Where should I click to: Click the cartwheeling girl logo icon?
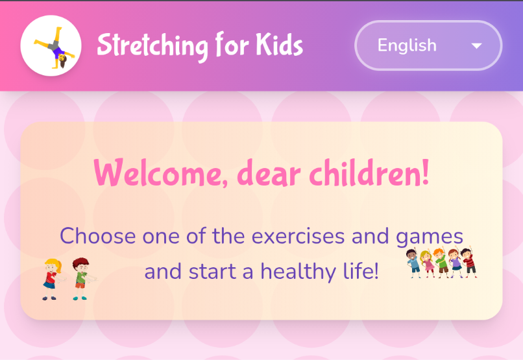(51, 46)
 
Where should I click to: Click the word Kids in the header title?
(279, 45)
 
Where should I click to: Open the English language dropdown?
(428, 45)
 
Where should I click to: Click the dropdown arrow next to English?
(477, 46)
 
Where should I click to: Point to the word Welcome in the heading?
(160, 174)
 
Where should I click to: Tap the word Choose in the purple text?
(97, 235)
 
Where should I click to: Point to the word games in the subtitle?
(430, 236)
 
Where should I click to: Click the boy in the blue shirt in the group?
(414, 263)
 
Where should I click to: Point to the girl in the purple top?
(455, 263)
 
